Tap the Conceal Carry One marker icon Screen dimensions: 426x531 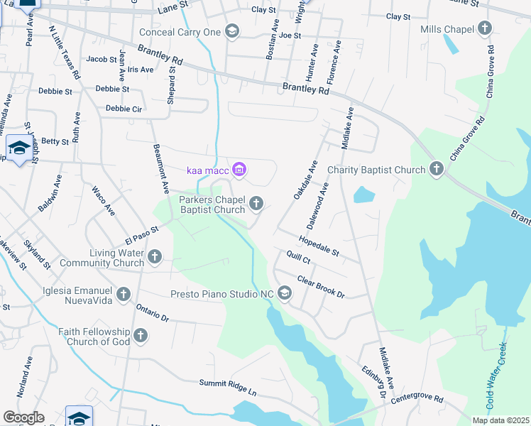click(x=231, y=31)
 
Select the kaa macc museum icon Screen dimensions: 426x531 click(x=239, y=169)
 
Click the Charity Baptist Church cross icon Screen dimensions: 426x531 click(x=436, y=169)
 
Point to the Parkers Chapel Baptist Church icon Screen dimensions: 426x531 click(x=256, y=204)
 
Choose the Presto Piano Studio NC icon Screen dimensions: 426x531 click(x=285, y=293)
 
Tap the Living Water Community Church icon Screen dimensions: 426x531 click(x=154, y=257)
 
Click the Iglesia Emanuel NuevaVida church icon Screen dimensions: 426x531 click(x=124, y=294)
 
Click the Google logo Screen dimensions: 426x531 click(x=24, y=417)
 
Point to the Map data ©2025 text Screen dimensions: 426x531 click(x=500, y=420)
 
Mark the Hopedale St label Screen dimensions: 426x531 click(x=319, y=248)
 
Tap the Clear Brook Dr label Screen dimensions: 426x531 click(x=320, y=287)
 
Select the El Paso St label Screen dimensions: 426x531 click(x=139, y=231)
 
